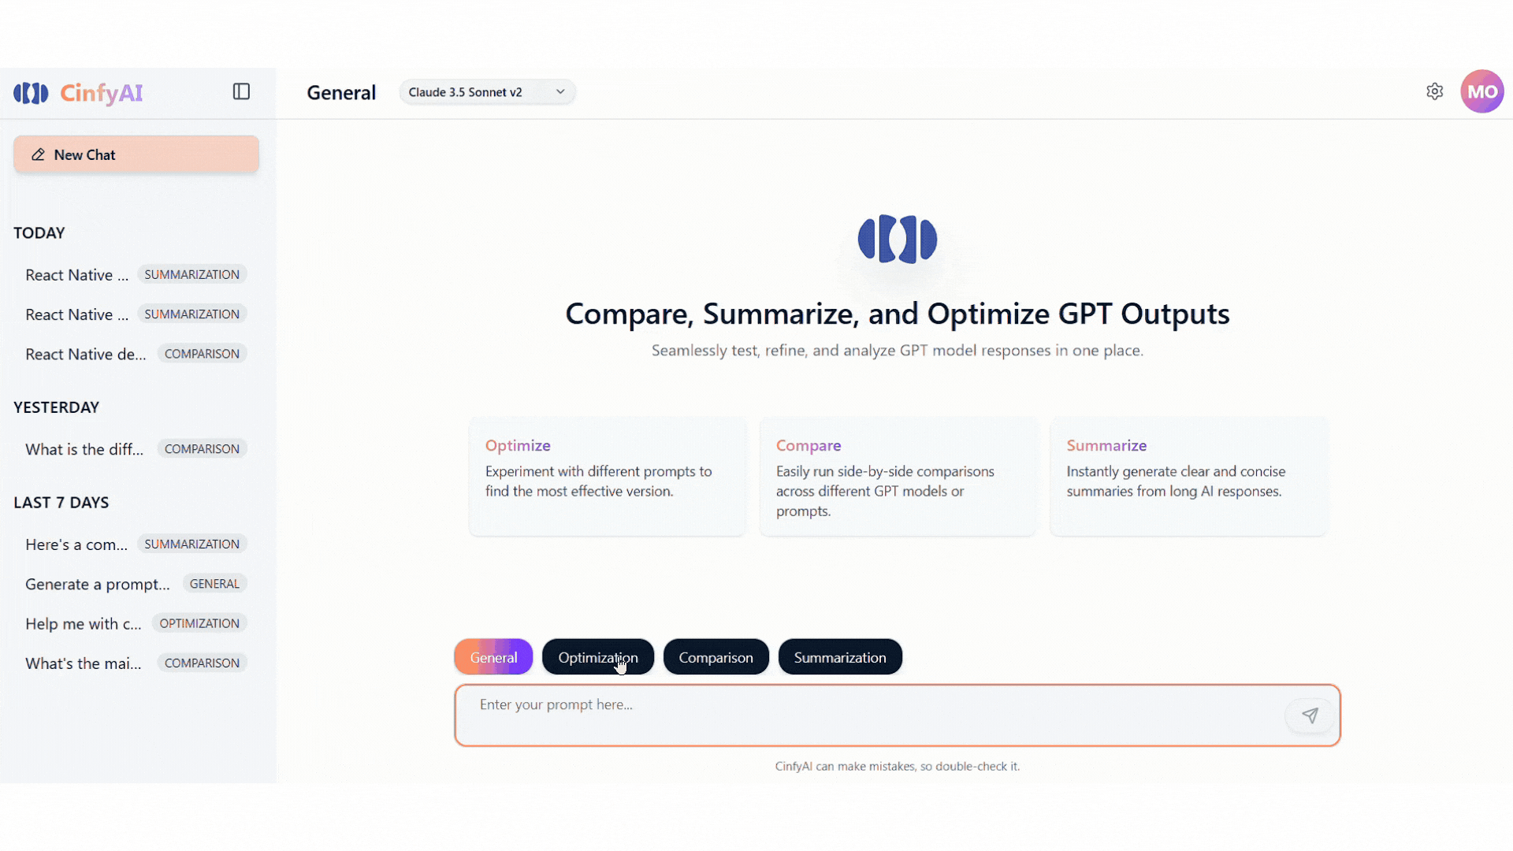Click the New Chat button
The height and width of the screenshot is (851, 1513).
tap(136, 154)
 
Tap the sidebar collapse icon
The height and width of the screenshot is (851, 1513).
tap(241, 91)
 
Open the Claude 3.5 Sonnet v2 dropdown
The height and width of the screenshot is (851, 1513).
tap(487, 92)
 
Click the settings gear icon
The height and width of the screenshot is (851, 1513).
tap(1434, 91)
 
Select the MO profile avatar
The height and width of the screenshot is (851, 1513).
tap(1481, 91)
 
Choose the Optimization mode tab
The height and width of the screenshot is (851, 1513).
tap(597, 657)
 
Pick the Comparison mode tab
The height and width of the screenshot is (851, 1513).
tap(716, 657)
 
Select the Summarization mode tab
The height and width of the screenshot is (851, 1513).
tap(839, 657)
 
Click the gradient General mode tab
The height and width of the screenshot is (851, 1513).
tap(493, 657)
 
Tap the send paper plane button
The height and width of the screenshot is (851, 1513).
tap(1310, 715)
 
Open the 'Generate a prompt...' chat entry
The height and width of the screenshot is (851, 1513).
tap(98, 584)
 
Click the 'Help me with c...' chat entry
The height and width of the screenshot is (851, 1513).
tap(84, 623)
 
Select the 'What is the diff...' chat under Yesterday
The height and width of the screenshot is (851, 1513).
tap(84, 449)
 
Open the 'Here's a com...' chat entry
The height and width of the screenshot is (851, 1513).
tap(76, 544)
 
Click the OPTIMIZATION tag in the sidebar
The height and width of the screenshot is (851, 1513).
tap(199, 623)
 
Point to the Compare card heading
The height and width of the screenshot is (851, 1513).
tap(809, 445)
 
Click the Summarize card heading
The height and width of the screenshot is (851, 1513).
tap(1106, 445)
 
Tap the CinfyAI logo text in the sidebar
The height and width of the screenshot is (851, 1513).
tap(102, 93)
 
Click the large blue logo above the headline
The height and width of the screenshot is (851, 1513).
tap(897, 239)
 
